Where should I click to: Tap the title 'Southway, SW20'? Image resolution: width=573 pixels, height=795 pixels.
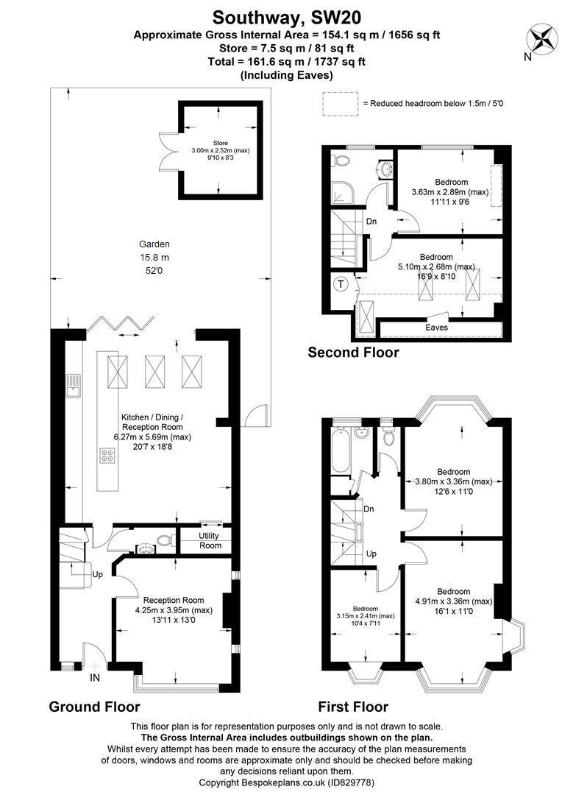tap(287, 16)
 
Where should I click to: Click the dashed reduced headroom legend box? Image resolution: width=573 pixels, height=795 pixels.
tap(339, 104)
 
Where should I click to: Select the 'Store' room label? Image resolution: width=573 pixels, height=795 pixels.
tap(221, 143)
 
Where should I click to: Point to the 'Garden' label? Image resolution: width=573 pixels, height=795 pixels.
tap(154, 244)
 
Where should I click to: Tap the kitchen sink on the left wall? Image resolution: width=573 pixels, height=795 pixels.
tap(73, 386)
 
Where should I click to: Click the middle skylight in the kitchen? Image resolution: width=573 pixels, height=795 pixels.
tap(156, 371)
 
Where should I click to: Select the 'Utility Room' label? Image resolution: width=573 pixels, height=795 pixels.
tap(210, 540)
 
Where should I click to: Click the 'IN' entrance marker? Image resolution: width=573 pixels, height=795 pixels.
tap(94, 676)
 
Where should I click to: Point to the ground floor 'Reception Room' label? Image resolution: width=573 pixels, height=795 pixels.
tap(174, 600)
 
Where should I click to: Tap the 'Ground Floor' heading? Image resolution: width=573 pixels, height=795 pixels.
tap(94, 707)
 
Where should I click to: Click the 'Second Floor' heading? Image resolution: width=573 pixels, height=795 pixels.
tap(353, 353)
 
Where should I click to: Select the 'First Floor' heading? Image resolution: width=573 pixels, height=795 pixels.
tap(353, 707)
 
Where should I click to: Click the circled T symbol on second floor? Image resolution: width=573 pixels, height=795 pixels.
tap(341, 284)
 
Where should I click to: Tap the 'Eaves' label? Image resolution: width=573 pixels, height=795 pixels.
tap(436, 328)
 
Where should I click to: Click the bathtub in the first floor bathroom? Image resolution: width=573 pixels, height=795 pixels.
tap(341, 450)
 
